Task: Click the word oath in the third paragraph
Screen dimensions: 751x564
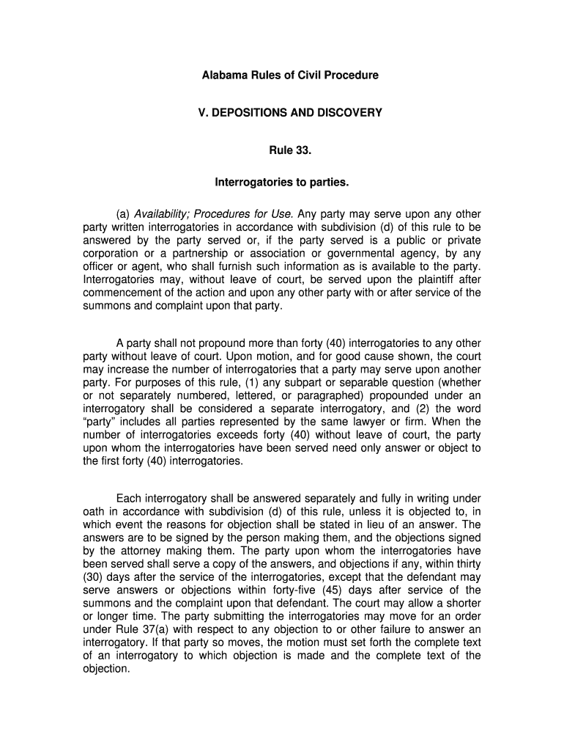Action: [93, 511]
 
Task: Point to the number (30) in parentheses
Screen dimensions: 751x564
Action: [94, 577]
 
